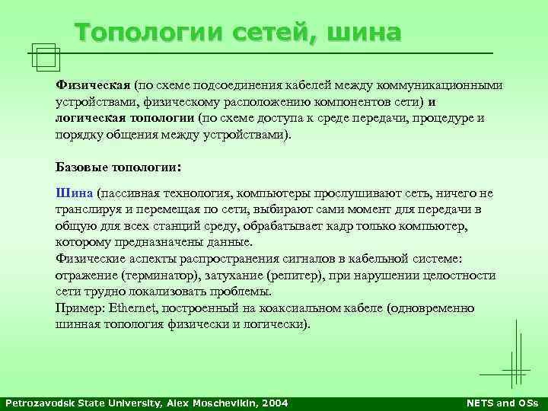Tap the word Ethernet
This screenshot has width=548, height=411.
pyautogui.click(x=134, y=308)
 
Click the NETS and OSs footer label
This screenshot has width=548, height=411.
pyautogui.click(x=501, y=403)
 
